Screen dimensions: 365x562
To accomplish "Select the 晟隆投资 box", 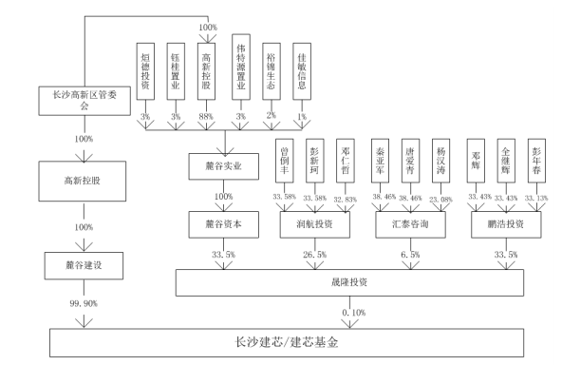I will pos(357,282).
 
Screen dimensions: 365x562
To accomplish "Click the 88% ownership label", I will pos(206,117).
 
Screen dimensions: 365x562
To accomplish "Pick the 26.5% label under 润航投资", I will pos(313,255).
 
